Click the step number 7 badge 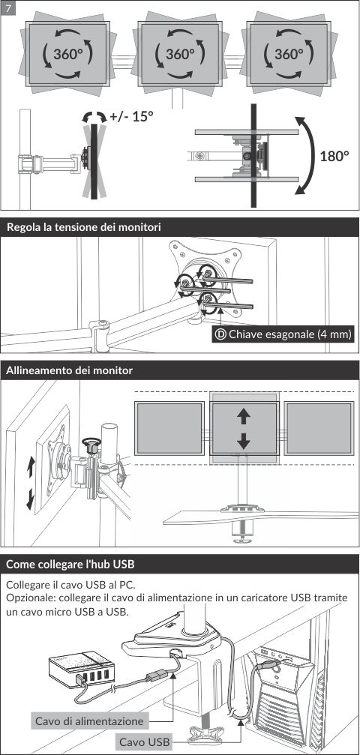tap(8, 7)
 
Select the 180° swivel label tap(334, 156)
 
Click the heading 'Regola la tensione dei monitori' tap(84, 227)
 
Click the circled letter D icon tap(220, 334)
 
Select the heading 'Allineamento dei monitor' tap(70, 371)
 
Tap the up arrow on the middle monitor tap(244, 416)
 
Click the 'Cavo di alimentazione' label tap(90, 721)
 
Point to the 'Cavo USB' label tap(145, 742)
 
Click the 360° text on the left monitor tap(68, 54)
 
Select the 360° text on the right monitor tap(289, 54)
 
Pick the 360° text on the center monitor tap(180, 54)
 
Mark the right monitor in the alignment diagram tap(319, 428)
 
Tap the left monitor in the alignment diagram tap(169, 428)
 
